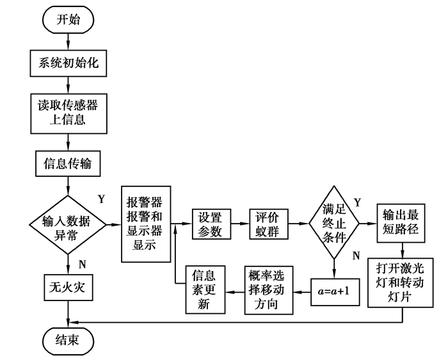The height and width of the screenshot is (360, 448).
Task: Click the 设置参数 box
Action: point(211,224)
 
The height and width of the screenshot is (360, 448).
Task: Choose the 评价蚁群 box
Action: point(269,224)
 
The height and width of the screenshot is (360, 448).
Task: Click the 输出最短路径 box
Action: point(401,223)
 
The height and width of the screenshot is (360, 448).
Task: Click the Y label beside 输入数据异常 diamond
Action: point(101,198)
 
